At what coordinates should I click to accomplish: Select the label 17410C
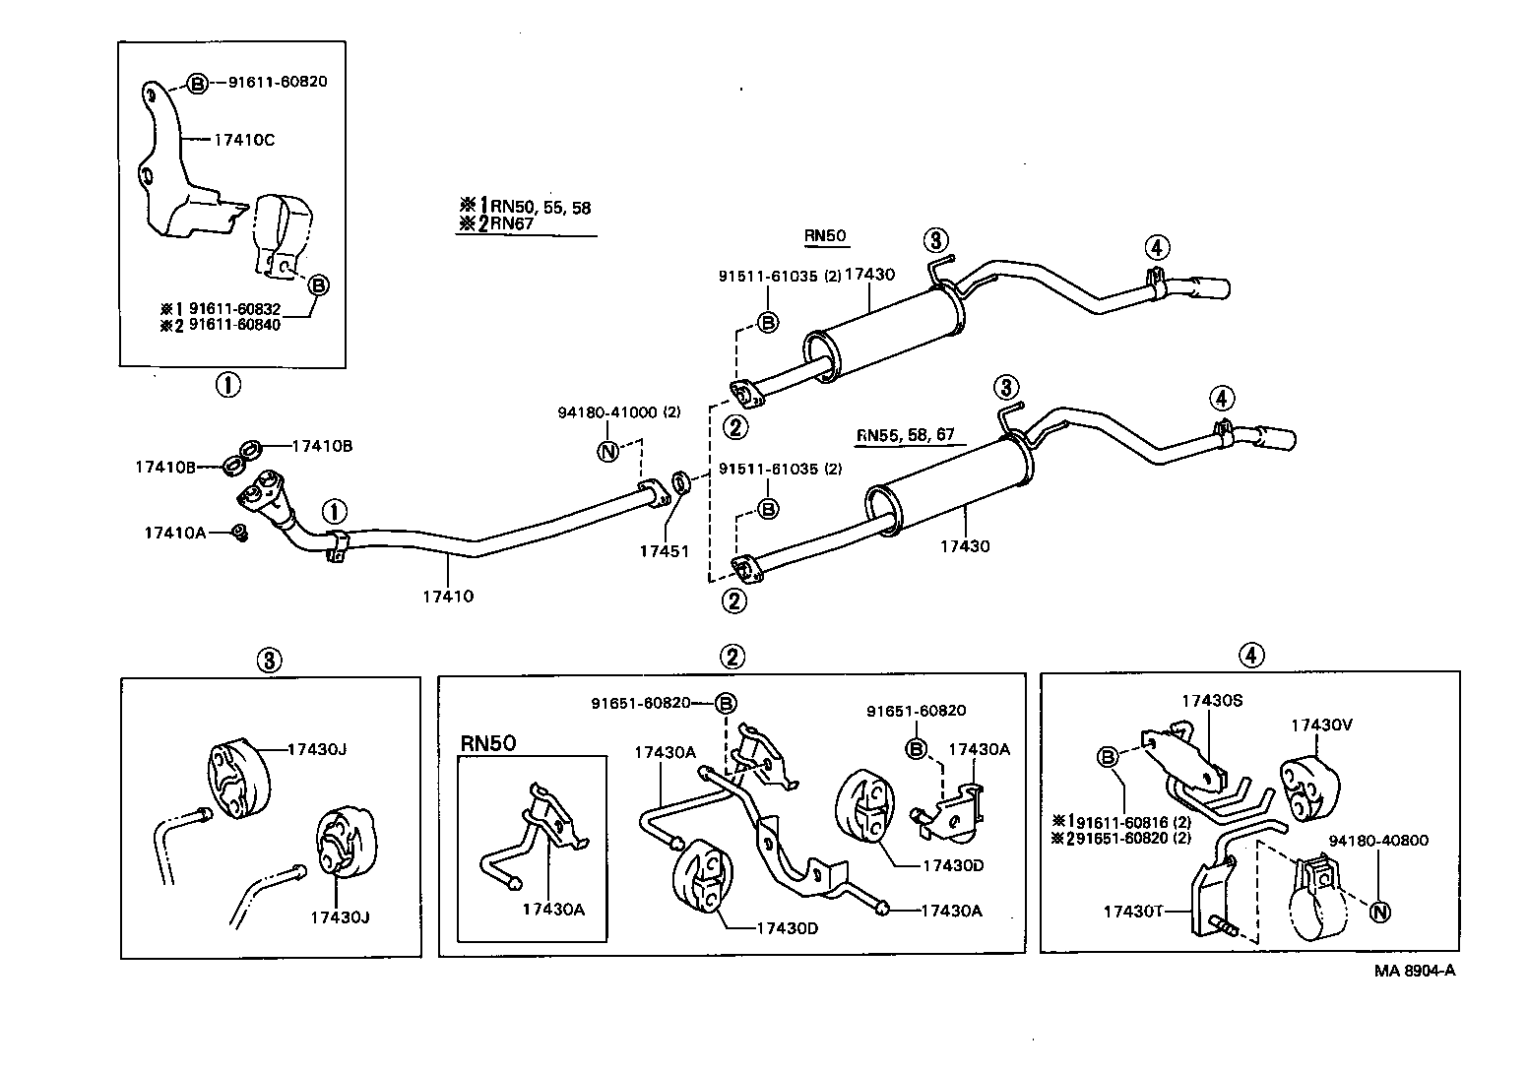point(243,140)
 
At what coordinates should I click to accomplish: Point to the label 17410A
point(175,533)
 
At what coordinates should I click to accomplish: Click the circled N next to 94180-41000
point(607,452)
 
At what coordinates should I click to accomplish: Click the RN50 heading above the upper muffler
point(825,236)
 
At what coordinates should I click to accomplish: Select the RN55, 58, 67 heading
point(905,435)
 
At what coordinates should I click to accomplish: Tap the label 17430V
point(1322,726)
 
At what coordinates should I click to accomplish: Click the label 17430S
point(1212,700)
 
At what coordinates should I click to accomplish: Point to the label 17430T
point(1133,912)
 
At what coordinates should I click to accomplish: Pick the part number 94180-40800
point(1377,841)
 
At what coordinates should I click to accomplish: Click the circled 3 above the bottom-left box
point(270,660)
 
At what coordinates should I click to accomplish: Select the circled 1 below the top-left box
point(227,385)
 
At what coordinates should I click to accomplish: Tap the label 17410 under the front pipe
point(448,596)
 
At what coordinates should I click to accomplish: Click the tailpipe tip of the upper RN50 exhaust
point(1213,288)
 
